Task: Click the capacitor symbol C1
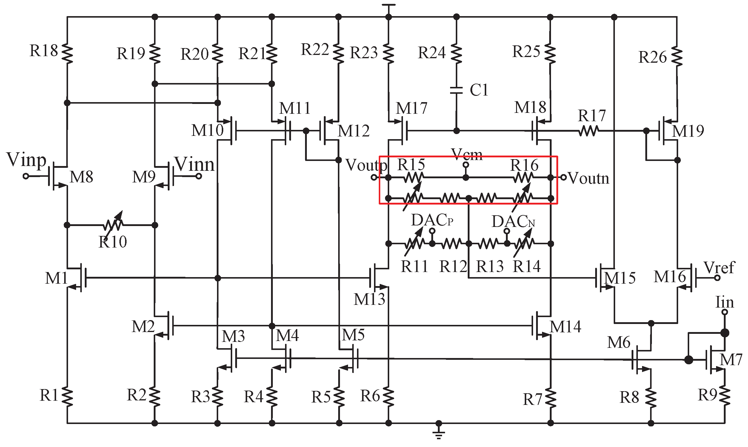456,90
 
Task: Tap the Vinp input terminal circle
26,176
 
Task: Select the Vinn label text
194,164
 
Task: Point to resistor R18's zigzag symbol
67,54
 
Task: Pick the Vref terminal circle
718,278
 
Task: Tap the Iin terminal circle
725,312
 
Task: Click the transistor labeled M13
378,278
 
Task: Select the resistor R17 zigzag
589,131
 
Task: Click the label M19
688,131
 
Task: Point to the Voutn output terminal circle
563,177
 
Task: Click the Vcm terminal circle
466,165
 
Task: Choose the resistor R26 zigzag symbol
677,56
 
